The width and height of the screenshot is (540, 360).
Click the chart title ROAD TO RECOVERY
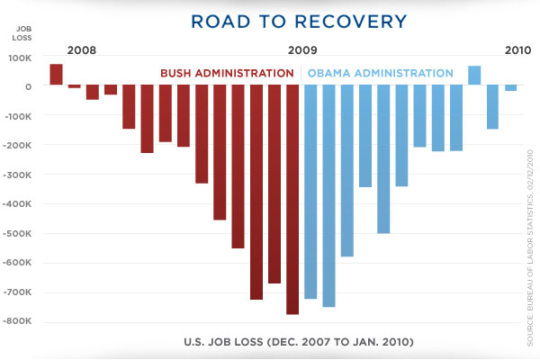(270, 20)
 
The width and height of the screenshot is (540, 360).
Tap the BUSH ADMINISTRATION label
(227, 73)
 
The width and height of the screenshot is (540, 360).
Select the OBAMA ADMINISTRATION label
(380, 73)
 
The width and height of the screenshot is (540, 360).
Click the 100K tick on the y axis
(20, 58)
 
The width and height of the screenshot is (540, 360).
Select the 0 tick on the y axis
(29, 87)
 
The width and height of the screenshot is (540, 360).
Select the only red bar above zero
(56, 75)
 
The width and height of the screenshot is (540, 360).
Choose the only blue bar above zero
(474, 76)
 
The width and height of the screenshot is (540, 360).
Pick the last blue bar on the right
(510, 88)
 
